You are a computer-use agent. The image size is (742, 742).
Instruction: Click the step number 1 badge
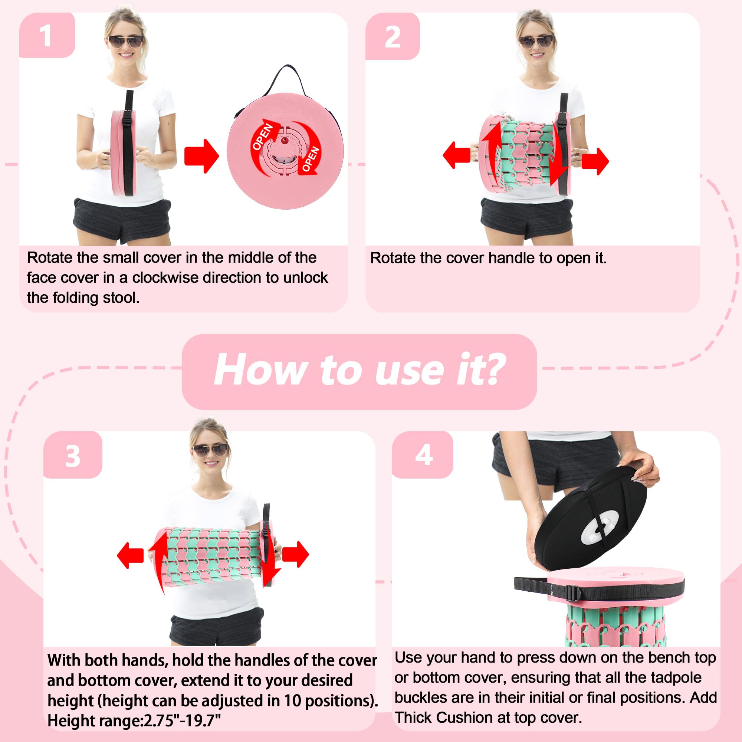pos(47,35)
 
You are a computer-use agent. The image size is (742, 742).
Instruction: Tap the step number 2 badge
pos(392,37)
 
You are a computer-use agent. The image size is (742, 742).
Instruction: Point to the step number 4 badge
pos(423,456)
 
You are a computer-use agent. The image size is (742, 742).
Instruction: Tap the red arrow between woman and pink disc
pos(201,156)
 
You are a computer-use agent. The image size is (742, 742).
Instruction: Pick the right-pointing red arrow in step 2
pos(595,161)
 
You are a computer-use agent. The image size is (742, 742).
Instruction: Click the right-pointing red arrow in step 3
pos(295,554)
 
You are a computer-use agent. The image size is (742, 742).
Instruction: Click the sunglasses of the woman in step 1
pos(126,42)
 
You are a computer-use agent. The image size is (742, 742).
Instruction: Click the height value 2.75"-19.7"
pos(183,720)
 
